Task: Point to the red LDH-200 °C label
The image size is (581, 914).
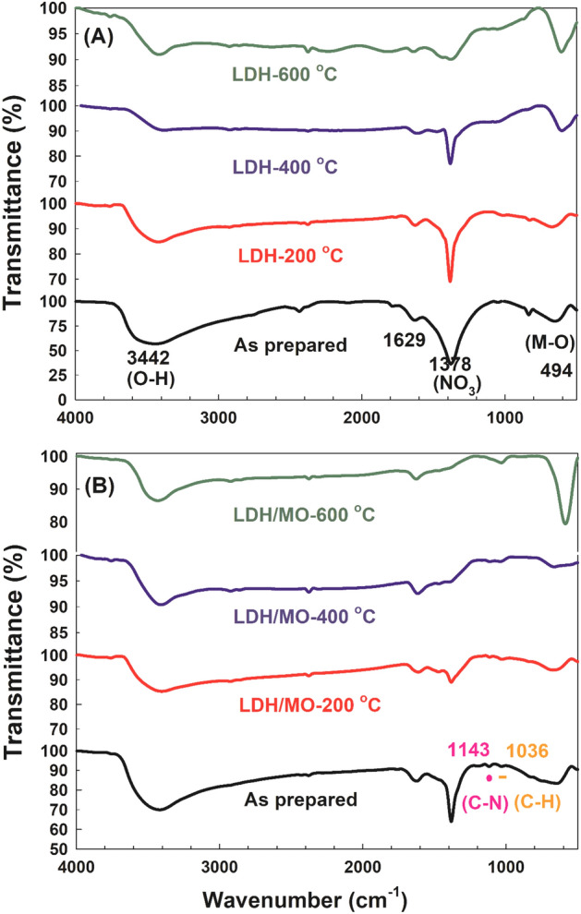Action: (x=283, y=255)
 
